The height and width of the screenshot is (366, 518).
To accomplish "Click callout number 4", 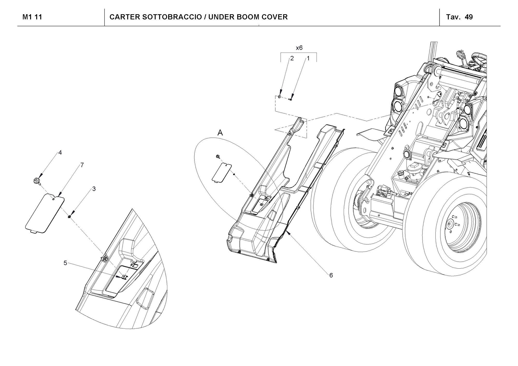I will (60, 153).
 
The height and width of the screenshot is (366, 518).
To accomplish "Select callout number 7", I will (82, 165).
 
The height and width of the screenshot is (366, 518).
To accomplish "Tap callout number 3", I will (94, 189).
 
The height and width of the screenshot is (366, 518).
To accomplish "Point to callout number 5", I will (65, 263).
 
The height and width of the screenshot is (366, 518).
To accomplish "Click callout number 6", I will (331, 275).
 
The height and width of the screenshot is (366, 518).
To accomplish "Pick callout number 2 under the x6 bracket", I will (292, 58).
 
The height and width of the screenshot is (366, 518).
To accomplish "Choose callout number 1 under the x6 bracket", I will (308, 58).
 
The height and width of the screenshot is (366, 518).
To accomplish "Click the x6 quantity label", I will (299, 48).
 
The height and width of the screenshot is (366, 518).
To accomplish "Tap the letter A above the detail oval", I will (220, 133).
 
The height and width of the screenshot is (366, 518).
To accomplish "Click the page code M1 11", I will (32, 17).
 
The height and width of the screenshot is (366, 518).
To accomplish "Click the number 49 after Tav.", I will (469, 17).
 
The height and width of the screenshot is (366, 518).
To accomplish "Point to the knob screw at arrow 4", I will (37, 181).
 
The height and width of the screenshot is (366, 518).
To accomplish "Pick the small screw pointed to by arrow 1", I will (290, 99).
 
